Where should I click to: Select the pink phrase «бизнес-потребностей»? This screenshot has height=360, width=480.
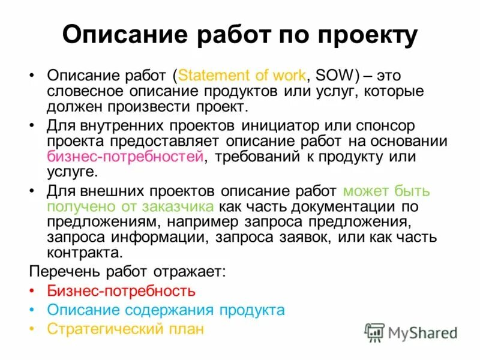[x=125, y=157]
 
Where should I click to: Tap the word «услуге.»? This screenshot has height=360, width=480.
[x=71, y=172]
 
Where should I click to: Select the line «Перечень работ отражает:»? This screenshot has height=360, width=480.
[x=128, y=271]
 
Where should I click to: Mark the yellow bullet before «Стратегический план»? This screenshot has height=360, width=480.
[x=32, y=329]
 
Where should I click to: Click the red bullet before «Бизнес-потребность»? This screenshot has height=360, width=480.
[x=32, y=292]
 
